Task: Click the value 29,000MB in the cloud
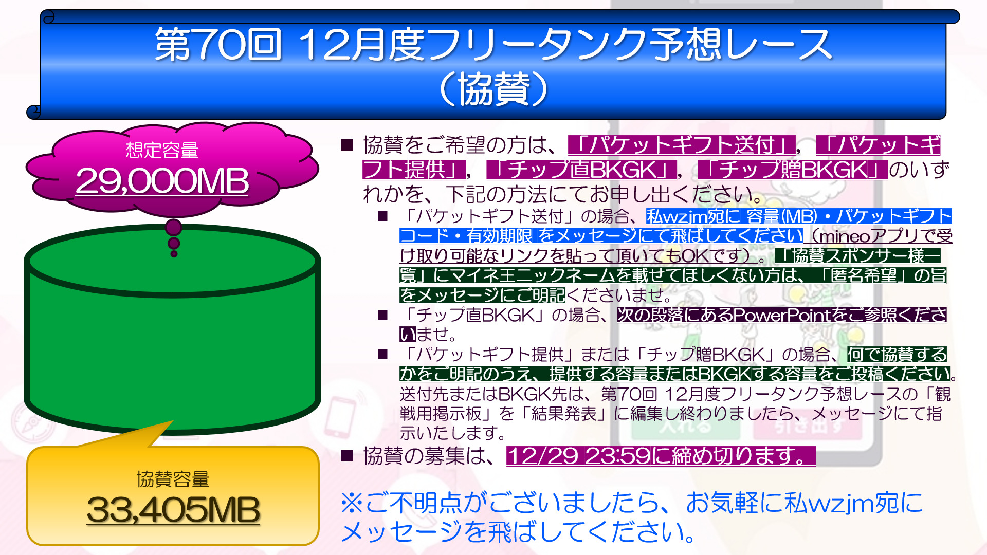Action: click(162, 181)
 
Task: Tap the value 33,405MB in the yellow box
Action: click(173, 510)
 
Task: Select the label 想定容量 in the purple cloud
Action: click(162, 150)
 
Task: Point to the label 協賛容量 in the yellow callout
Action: click(173, 479)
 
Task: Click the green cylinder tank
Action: click(173, 329)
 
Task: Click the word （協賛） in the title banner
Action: click(493, 89)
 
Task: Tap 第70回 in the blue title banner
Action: click(218, 44)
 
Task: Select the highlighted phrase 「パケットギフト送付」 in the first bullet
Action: click(682, 145)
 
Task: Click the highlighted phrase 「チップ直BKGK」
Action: click(582, 170)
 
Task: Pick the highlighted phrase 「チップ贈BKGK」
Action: click(793, 170)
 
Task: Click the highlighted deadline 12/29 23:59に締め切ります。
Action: click(661, 456)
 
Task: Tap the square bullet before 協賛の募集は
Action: click(348, 455)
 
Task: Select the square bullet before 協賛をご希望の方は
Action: click(348, 144)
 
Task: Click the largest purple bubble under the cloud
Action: click(174, 227)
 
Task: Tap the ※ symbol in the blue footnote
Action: click(352, 503)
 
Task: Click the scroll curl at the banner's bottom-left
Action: click(34, 112)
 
